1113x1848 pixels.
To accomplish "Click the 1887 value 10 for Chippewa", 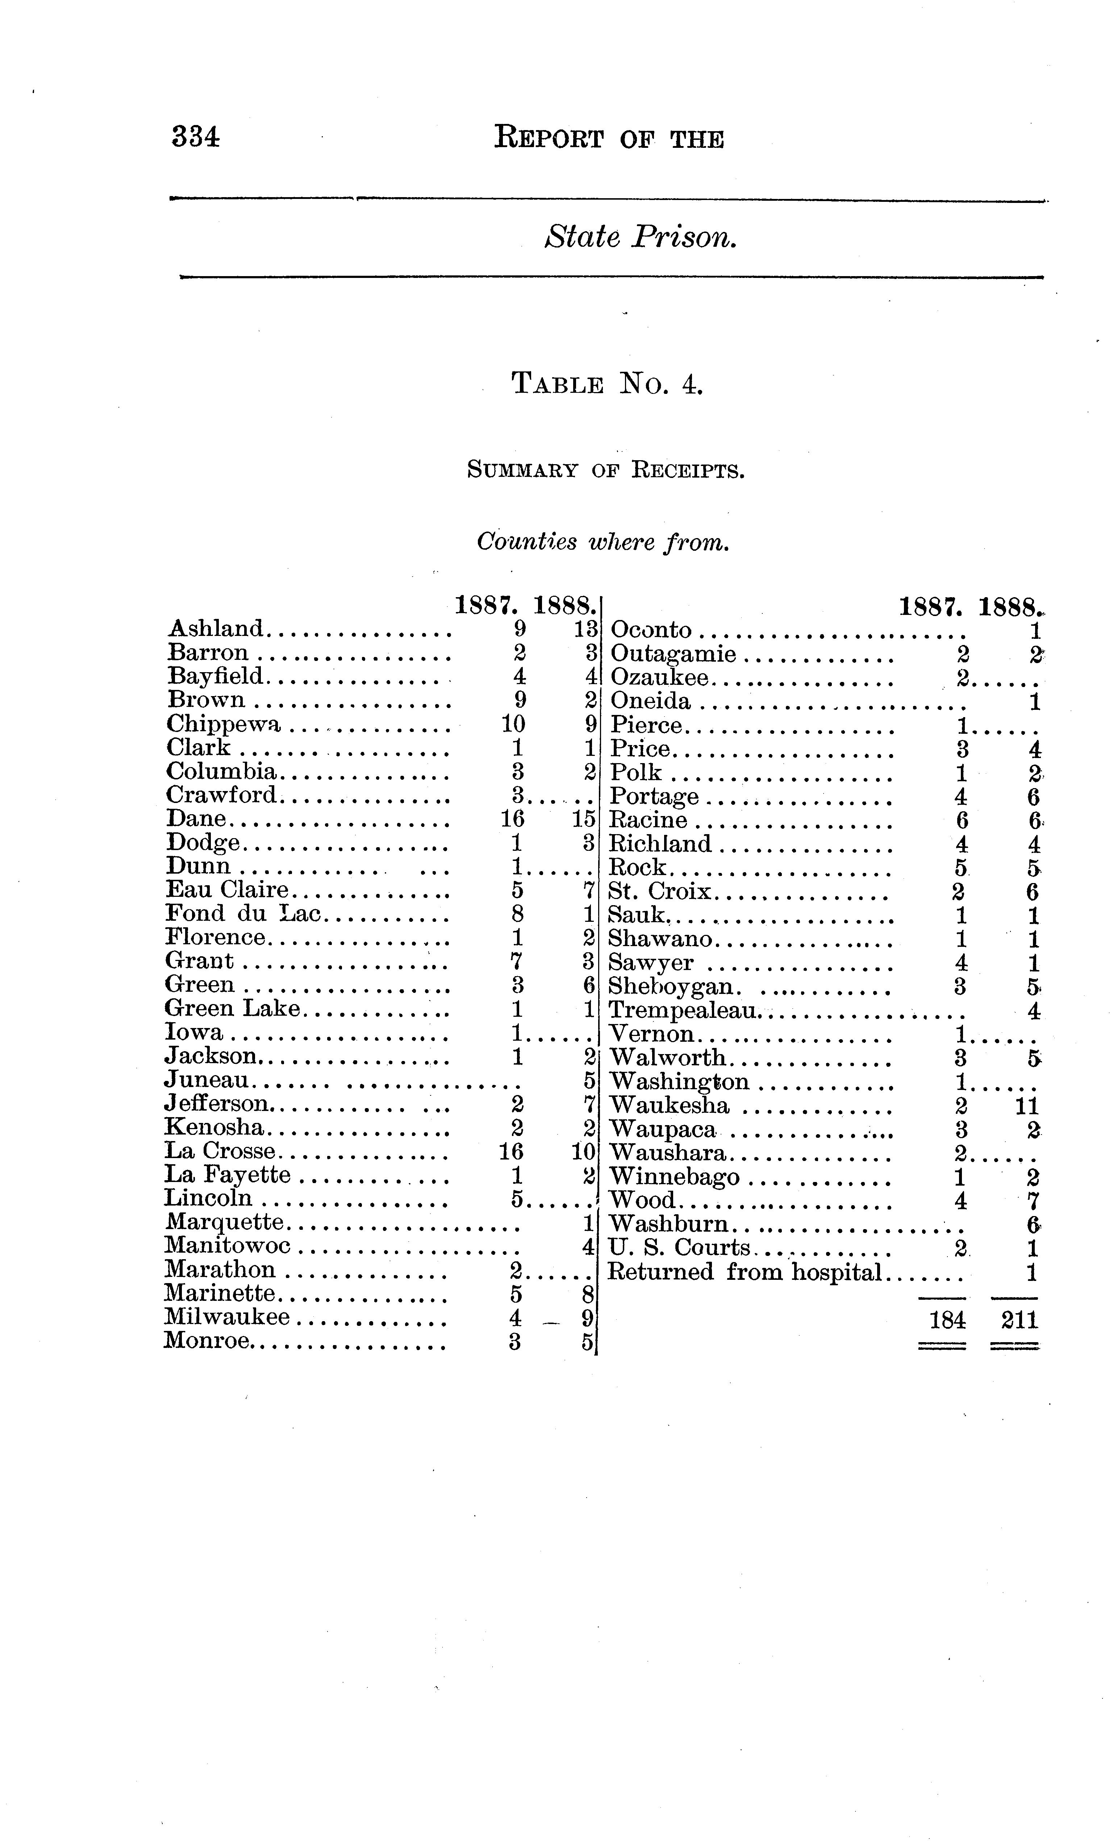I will pos(513,724).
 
